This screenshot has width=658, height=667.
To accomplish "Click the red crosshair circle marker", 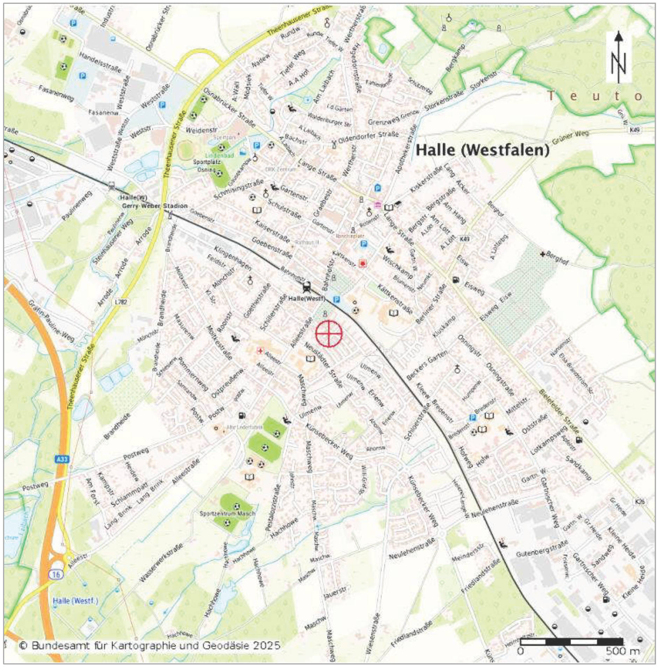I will click(x=328, y=333).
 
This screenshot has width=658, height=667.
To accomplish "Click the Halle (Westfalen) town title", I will click(x=482, y=150).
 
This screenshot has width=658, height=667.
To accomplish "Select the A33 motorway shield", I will click(x=62, y=459).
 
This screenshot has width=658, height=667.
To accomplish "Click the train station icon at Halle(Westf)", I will click(x=307, y=287).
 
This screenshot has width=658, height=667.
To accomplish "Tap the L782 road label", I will click(x=120, y=301).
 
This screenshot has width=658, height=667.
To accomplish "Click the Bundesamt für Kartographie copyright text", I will click(x=150, y=645).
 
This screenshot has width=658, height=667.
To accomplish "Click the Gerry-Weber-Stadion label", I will click(x=154, y=206).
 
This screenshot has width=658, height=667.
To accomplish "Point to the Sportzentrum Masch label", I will click(x=227, y=514).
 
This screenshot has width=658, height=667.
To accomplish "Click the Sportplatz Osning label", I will click(x=207, y=166).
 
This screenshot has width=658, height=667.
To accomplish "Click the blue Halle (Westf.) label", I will click(x=75, y=601).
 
